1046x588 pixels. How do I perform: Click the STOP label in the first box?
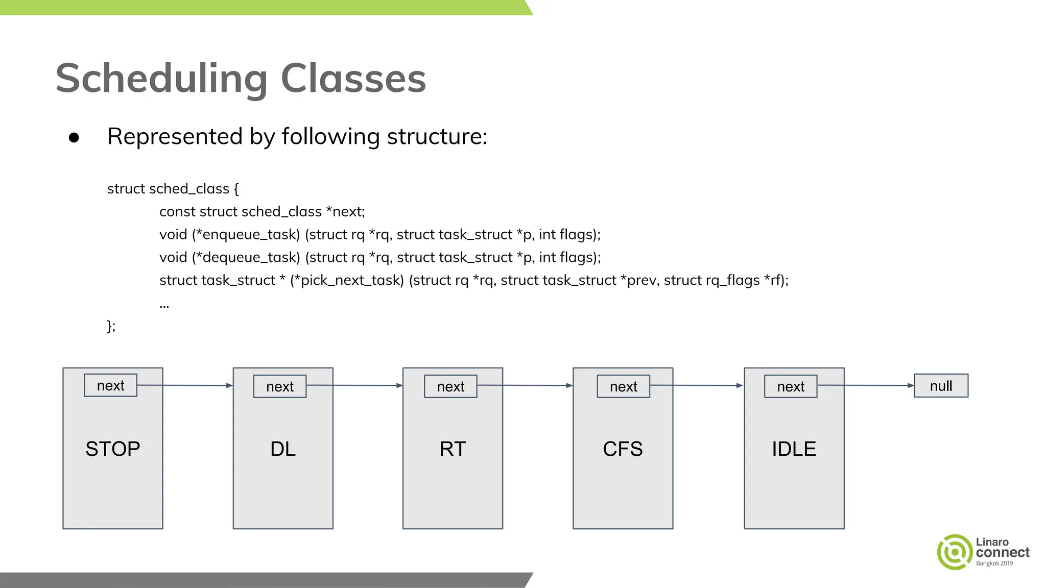(x=112, y=449)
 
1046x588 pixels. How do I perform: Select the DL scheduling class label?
(x=283, y=449)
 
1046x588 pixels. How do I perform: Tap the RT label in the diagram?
(x=453, y=449)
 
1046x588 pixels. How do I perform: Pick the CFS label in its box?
(x=623, y=449)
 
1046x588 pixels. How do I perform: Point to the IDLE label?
(x=794, y=449)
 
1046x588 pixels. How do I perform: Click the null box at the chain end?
(x=941, y=386)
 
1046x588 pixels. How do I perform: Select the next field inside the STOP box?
(x=111, y=385)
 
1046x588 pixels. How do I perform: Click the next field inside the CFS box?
(x=623, y=386)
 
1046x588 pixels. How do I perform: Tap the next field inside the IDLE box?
(x=791, y=386)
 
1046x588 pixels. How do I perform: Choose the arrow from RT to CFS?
(x=525, y=385)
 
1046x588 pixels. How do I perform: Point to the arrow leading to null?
(x=866, y=385)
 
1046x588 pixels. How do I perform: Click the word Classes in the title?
(x=353, y=79)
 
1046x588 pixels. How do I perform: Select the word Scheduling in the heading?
(x=161, y=79)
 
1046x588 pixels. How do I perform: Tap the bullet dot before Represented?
(x=74, y=137)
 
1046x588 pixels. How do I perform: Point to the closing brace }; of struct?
(x=111, y=326)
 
